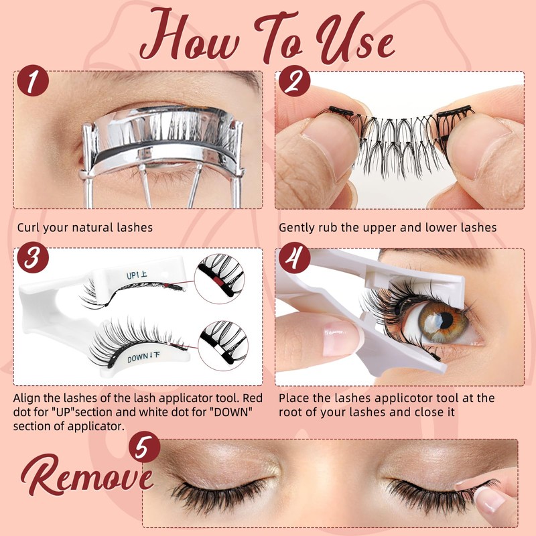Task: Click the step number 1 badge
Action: point(33,80)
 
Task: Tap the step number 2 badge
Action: point(294,81)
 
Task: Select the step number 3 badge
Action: point(33,257)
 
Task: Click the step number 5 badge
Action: point(145,447)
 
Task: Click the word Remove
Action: point(87,474)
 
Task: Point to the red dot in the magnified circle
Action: point(217,282)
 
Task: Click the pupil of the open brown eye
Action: point(446,320)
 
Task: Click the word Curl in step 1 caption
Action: point(28,227)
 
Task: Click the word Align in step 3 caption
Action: point(27,399)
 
